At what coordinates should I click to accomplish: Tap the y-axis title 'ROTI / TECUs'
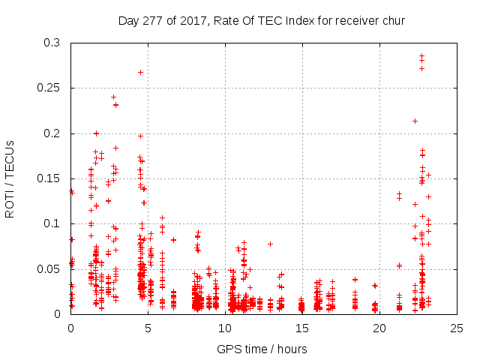tap(10, 178)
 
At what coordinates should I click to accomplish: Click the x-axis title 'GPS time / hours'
tap(262, 349)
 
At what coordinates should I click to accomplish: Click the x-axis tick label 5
tap(148, 328)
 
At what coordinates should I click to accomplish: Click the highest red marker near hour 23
tap(422, 55)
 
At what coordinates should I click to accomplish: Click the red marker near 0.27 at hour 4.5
tap(140, 72)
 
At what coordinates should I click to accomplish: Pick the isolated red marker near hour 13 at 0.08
tap(270, 244)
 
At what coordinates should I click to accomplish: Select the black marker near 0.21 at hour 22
tap(415, 121)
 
